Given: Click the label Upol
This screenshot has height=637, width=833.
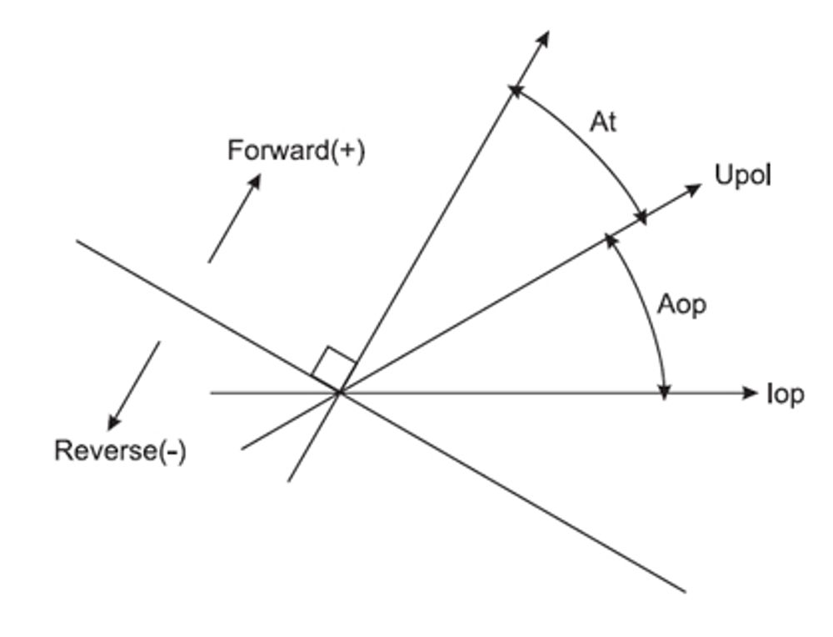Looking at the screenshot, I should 743,176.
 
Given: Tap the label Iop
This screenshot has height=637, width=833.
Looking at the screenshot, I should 785,394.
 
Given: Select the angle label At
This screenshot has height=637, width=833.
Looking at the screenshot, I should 603,123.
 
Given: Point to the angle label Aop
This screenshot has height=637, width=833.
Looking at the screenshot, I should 681,305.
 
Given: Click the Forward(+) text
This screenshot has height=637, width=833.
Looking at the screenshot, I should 296,151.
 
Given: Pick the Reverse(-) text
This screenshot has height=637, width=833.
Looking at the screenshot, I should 120,451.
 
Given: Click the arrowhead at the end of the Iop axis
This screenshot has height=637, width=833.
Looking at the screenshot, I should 749,393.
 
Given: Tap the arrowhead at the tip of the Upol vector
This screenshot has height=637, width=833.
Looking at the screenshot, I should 694,188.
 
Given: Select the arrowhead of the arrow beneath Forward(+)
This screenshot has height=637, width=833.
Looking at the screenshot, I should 253,181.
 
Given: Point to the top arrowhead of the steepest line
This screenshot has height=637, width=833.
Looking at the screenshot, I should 543,38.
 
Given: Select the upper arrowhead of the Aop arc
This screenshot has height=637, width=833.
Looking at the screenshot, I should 611,241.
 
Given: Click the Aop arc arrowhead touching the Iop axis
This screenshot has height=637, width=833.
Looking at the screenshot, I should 664,389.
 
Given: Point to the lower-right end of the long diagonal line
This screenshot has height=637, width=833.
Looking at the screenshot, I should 684,591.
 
